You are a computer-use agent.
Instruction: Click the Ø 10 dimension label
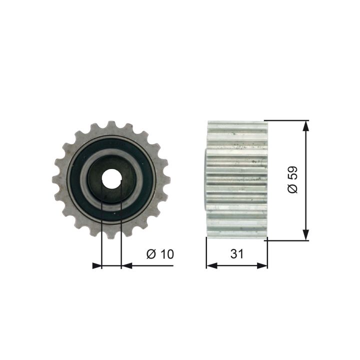160,254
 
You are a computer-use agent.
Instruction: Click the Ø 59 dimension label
292,180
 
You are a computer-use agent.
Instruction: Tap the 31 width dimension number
236,254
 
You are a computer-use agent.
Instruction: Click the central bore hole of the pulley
111,178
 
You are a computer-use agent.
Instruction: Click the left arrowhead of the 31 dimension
212,266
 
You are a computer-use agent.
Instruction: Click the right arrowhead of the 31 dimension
262,266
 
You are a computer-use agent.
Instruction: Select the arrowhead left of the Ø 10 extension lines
96,266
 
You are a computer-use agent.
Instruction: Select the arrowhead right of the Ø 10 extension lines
126,266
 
